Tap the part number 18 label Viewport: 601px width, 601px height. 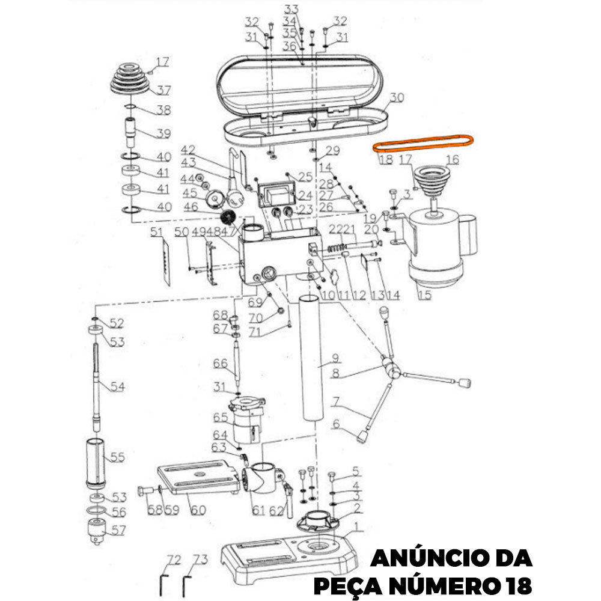(386, 160)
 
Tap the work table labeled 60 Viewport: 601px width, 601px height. (198, 478)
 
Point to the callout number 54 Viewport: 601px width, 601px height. (117, 386)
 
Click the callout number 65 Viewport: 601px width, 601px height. (221, 417)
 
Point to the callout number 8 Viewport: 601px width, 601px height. (335, 373)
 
